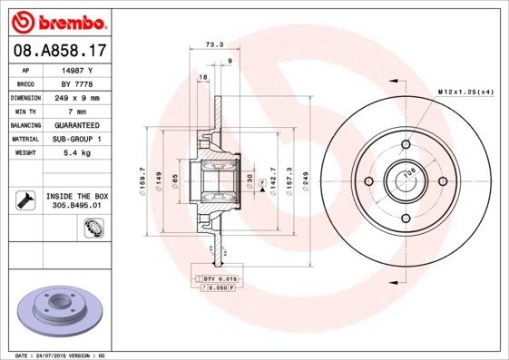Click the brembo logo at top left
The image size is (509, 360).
[57, 19]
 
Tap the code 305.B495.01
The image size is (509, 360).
[77, 206]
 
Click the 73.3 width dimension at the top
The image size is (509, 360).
[214, 44]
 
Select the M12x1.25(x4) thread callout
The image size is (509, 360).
[466, 92]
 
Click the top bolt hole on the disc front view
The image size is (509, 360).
[406, 144]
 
